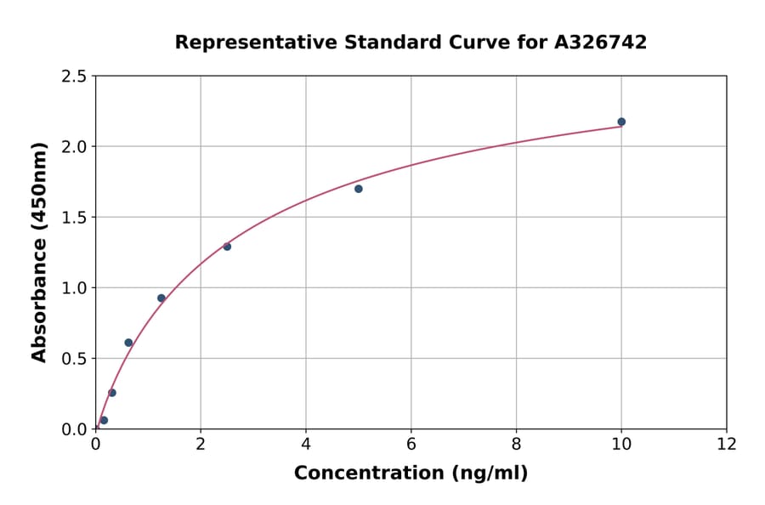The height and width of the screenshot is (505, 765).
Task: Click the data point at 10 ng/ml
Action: click(x=621, y=122)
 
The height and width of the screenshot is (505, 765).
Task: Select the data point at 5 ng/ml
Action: click(x=359, y=189)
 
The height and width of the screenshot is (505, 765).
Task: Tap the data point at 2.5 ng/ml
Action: click(x=227, y=247)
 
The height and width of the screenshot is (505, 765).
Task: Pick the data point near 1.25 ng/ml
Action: click(x=161, y=298)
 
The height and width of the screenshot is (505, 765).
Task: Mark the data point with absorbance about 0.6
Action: click(x=128, y=343)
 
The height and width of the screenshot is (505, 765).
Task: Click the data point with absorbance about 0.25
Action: click(x=112, y=393)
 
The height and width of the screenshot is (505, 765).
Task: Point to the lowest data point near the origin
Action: click(x=104, y=420)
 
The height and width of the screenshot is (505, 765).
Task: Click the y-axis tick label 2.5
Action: click(x=74, y=77)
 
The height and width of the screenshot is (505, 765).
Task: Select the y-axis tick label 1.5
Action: click(x=74, y=218)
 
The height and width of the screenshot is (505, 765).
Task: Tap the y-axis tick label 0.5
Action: click(x=74, y=359)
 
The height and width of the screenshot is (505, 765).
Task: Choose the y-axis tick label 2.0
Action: click(x=74, y=147)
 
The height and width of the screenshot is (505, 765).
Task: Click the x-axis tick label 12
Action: click(x=727, y=445)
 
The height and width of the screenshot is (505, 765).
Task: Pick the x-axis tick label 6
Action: click(x=411, y=445)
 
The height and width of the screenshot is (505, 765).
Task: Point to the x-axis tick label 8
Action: click(x=517, y=445)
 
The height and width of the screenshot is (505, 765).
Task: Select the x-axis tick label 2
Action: click(x=201, y=445)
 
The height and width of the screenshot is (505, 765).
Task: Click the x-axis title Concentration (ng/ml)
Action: click(x=411, y=474)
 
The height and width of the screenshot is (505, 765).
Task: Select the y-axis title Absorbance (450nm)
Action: click(x=39, y=252)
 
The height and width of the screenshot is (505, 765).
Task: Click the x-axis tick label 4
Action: click(x=306, y=445)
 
